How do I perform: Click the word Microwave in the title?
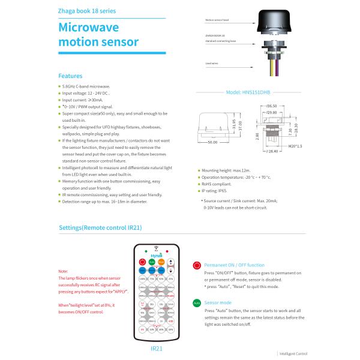[88, 28]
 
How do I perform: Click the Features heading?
[70, 76]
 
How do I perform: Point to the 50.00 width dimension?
[212, 143]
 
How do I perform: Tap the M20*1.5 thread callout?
[295, 146]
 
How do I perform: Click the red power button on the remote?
[142, 262]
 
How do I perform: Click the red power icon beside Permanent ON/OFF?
[196, 265]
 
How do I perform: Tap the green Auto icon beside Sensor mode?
[196, 304]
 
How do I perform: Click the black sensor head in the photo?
[279, 26]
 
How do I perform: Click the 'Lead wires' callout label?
[211, 63]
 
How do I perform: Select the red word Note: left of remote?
[64, 271]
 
